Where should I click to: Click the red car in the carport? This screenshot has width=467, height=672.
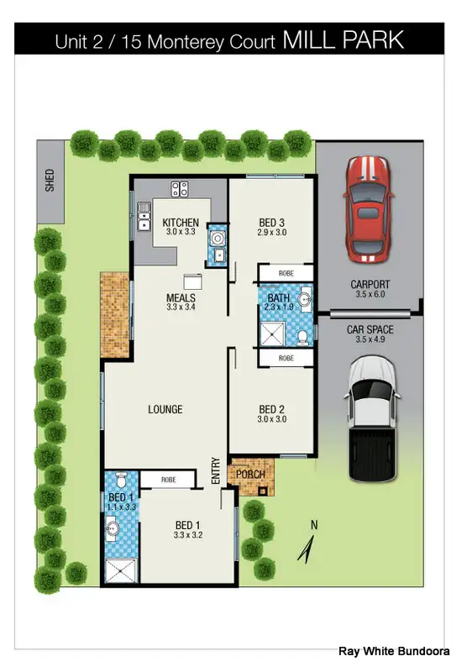pos(368,206)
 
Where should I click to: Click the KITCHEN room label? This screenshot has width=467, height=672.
pos(180,223)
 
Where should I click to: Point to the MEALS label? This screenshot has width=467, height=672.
pos(181,298)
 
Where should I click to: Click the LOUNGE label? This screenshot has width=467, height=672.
pos(165,410)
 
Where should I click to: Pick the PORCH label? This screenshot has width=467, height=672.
pos(251,475)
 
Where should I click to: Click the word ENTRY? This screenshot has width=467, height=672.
pos(216,472)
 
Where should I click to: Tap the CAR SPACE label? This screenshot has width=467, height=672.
pos(370,330)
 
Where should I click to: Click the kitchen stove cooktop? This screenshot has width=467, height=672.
pos(179,189)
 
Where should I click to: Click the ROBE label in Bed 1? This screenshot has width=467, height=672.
pos(169,479)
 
